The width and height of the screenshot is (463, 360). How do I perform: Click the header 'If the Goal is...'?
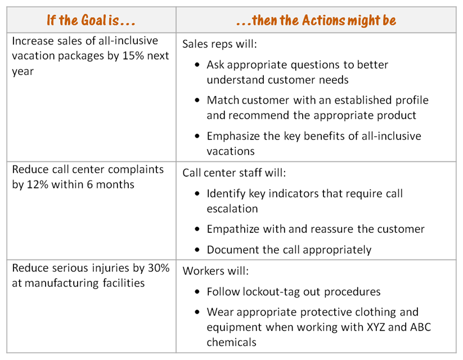(x=91, y=20)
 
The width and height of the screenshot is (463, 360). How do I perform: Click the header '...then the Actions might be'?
(x=316, y=20)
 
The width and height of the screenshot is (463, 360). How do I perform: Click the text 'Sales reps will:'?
(x=219, y=44)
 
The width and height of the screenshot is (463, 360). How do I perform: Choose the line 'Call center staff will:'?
(x=234, y=173)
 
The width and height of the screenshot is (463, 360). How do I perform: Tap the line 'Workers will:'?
(x=215, y=271)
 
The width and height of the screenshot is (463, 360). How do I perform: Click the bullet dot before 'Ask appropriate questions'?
(x=197, y=65)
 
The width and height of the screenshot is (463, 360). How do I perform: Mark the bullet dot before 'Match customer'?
(x=197, y=100)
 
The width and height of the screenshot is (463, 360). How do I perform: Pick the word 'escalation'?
(x=232, y=209)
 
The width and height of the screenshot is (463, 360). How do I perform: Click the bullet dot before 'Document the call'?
(x=197, y=250)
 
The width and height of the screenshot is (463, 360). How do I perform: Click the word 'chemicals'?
(x=232, y=342)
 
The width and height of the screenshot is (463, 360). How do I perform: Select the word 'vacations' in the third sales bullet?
(x=231, y=151)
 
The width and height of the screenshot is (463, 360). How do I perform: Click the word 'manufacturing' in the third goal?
(x=62, y=283)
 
